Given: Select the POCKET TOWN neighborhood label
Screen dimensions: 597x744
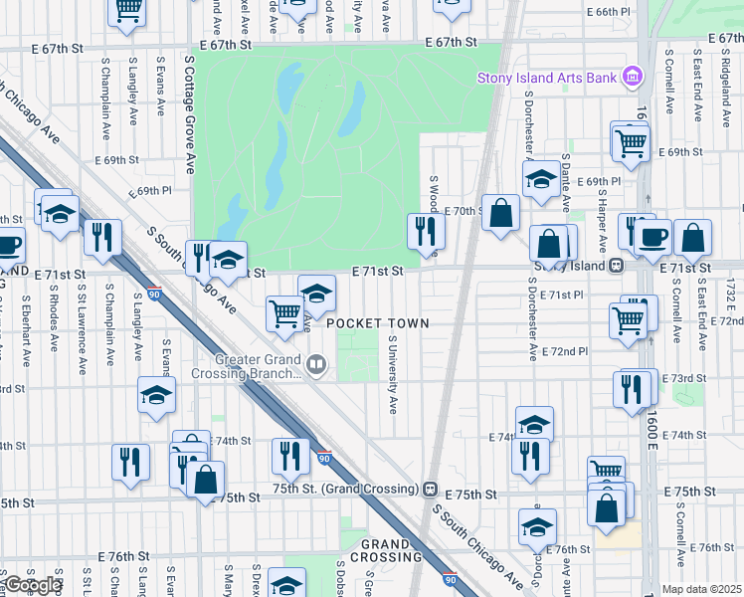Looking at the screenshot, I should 378,323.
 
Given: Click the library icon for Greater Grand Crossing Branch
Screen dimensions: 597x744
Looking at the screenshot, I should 316,366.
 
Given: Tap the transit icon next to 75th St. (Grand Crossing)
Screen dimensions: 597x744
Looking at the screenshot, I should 430,490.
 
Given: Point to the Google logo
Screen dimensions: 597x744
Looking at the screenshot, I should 33,585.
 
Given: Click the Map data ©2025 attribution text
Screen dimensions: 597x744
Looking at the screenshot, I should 702,589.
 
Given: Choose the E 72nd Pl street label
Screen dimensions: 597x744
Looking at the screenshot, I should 566,351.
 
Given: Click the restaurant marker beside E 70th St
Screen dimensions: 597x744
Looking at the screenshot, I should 426,231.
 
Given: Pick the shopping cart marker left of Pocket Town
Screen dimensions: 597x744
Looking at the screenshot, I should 284,312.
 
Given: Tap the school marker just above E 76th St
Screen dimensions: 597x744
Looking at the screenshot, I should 538,526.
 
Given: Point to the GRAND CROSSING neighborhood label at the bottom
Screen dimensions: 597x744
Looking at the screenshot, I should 386,551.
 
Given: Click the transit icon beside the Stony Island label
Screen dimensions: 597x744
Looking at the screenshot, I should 617,266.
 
